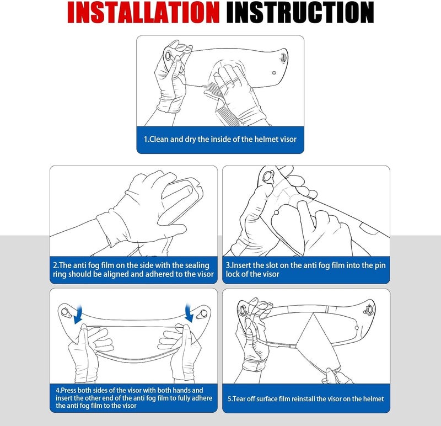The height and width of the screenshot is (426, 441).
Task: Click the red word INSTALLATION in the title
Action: [x=143, y=12]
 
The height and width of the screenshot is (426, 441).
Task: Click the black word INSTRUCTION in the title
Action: [x=300, y=12]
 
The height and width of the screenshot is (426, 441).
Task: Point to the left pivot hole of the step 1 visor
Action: [x=168, y=56]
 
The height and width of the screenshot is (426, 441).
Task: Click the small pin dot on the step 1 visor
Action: [x=274, y=73]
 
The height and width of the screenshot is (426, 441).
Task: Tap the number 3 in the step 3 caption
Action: [x=228, y=265]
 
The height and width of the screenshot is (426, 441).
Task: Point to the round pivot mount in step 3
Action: [x=267, y=176]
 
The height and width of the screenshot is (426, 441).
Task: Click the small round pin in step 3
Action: [x=276, y=212]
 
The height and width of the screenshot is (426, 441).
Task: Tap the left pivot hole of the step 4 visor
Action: [x=65, y=312]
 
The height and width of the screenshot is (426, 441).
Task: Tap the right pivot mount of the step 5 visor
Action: [x=368, y=310]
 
